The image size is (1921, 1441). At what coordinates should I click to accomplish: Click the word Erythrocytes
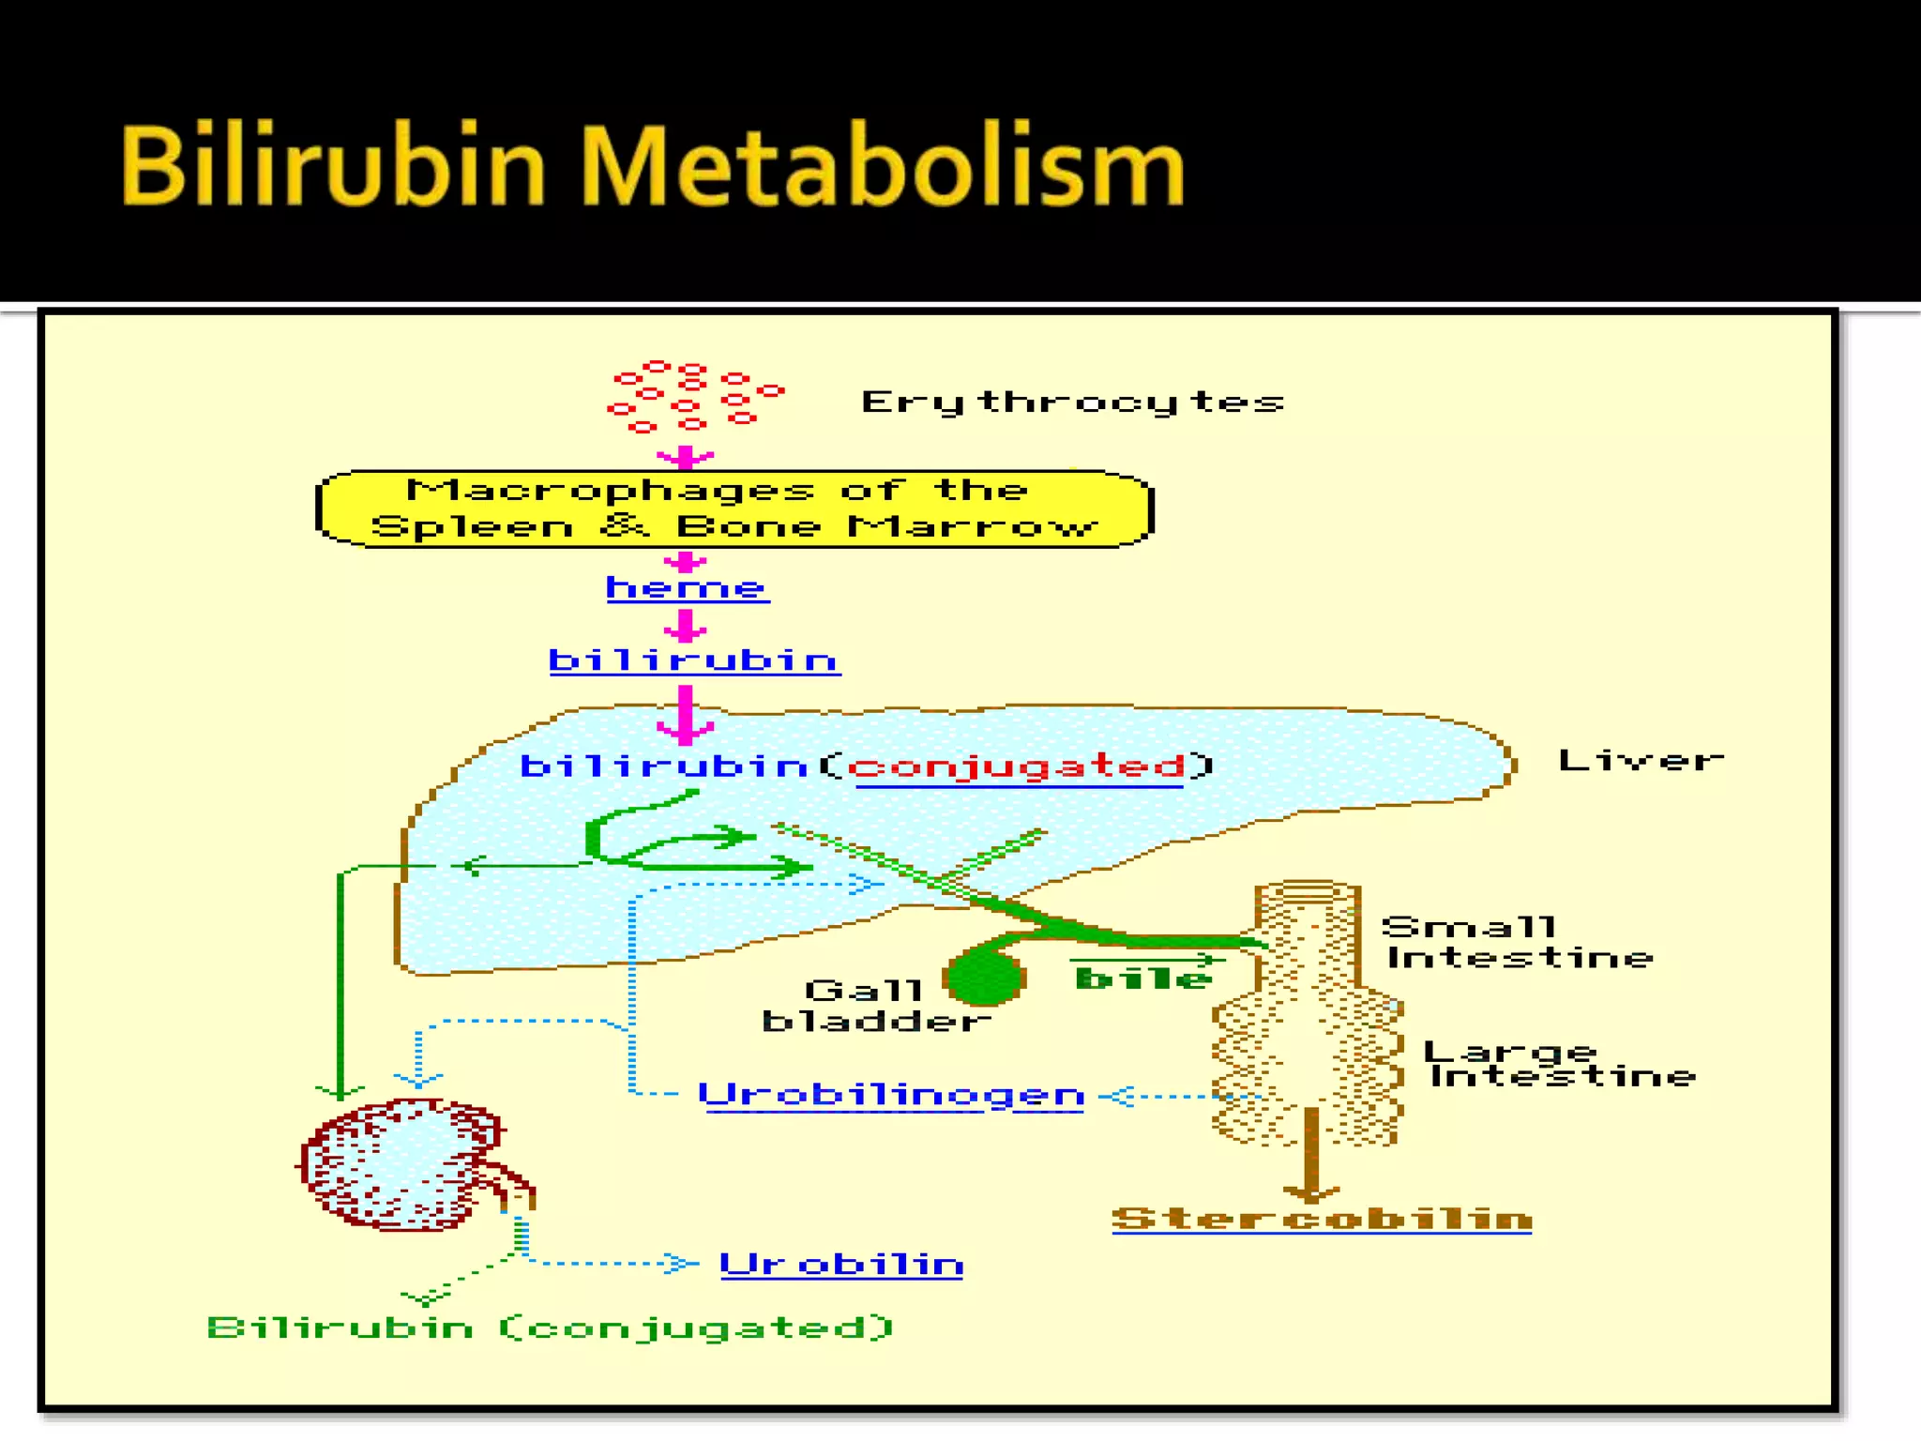[x=1072, y=402]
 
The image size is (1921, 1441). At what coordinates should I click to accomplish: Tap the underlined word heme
[x=688, y=588]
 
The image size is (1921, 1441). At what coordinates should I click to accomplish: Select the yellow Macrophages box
[x=734, y=508]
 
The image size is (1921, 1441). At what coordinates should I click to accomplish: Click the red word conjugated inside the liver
[x=1019, y=766]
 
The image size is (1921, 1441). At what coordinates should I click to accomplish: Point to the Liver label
[x=1641, y=760]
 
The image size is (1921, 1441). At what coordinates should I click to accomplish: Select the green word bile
[x=1142, y=979]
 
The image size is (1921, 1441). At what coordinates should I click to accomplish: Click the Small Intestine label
[x=1518, y=942]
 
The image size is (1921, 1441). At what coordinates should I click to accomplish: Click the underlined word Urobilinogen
[x=891, y=1095]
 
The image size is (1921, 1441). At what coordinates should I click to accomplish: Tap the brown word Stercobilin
[x=1322, y=1219]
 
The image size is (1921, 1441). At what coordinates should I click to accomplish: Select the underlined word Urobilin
[x=841, y=1265]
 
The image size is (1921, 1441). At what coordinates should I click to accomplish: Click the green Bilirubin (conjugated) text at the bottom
[x=550, y=1327]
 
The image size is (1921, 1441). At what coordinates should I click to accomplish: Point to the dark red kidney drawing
[x=403, y=1164]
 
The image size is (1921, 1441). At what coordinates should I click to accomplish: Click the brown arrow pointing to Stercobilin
[x=1311, y=1155]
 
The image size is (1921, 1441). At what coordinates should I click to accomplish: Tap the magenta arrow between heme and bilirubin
[x=686, y=626]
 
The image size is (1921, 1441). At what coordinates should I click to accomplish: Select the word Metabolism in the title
[x=883, y=167]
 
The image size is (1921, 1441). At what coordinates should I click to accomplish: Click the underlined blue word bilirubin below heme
[x=694, y=660]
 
